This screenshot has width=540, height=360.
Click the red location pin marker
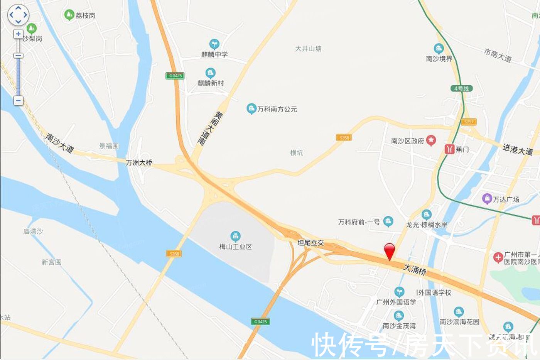(390, 251)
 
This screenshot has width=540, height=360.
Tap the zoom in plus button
(18, 34)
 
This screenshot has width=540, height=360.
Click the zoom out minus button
(18, 101)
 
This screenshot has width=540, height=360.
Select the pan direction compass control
(18, 15)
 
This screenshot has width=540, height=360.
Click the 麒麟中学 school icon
(214, 44)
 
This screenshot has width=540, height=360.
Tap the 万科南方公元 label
(277, 109)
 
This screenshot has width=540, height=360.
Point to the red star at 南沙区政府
(431, 140)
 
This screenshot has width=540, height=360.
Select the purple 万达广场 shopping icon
(487, 199)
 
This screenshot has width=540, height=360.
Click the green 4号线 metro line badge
(461, 88)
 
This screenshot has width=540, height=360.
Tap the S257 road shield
(469, 122)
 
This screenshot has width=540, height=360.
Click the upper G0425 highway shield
(175, 76)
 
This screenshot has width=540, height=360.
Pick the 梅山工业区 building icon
(235, 236)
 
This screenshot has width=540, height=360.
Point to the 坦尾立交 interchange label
(310, 243)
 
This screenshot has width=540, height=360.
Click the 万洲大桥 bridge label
(139, 163)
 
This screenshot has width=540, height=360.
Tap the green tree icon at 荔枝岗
(69, 15)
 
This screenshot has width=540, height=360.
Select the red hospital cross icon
(498, 257)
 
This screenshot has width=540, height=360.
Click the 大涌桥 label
(415, 269)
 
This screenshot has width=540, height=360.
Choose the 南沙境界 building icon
(438, 49)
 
